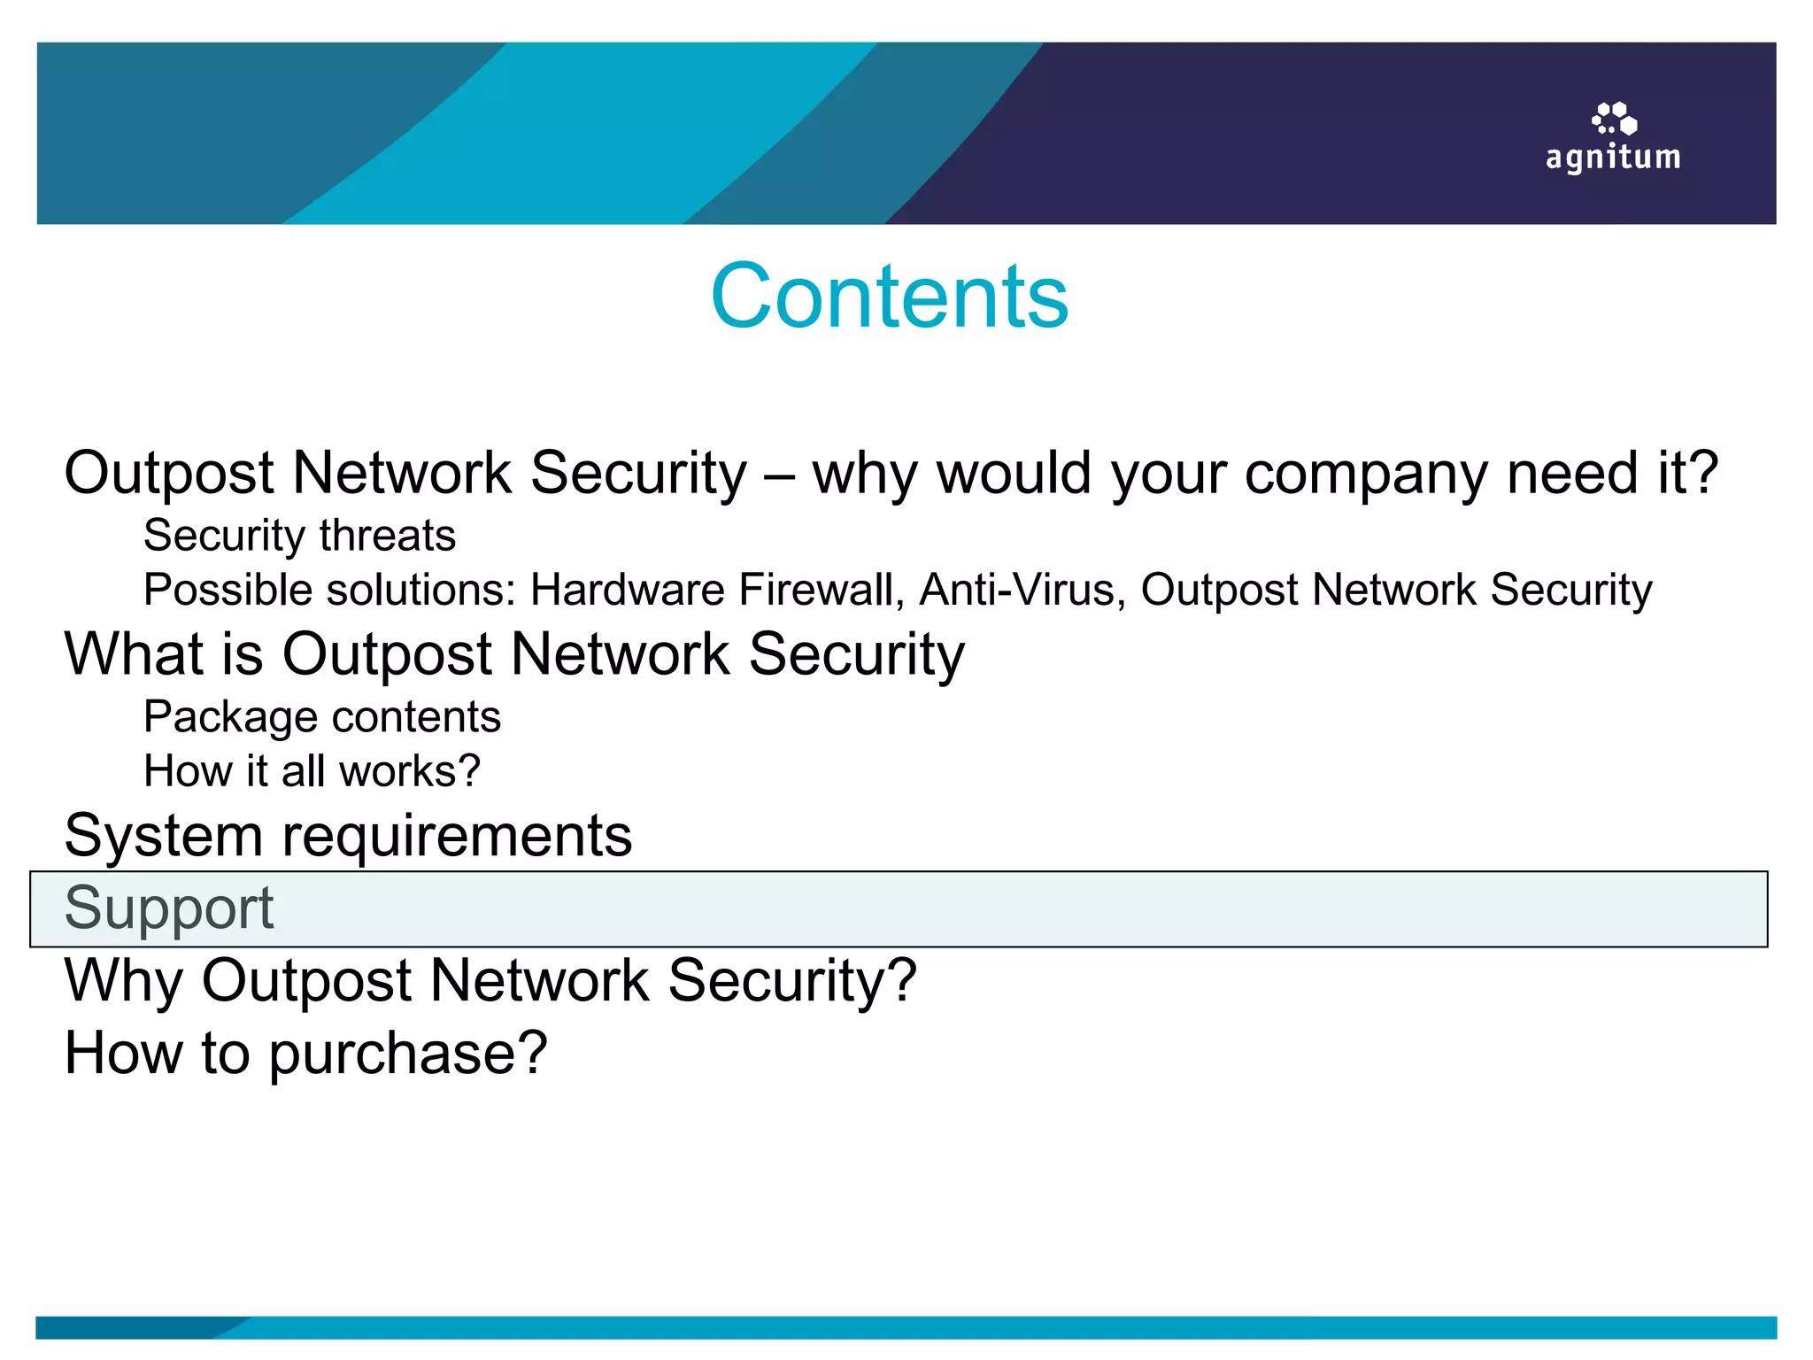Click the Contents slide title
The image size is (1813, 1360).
pos(889,297)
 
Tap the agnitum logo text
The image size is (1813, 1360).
pos(1612,158)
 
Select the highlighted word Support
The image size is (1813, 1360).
pos(169,908)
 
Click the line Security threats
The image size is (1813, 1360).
pos(299,536)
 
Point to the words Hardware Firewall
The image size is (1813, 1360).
pos(712,590)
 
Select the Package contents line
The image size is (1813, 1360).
pos(322,717)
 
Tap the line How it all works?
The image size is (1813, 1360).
pos(312,771)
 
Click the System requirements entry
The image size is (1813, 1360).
pos(348,836)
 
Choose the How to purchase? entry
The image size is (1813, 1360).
pos(305,1054)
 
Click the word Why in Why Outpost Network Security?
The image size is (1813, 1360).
pos(122,981)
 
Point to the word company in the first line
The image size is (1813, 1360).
pos(1365,475)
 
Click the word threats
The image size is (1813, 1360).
pos(388,536)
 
